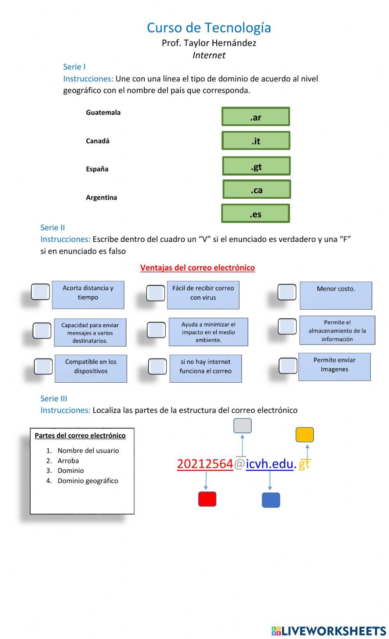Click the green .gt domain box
(256, 166)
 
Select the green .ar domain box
(256, 117)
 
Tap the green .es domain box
(256, 214)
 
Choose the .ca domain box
(257, 189)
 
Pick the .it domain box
(256, 140)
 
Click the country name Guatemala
(103, 112)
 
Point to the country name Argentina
(102, 197)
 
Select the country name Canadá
(98, 141)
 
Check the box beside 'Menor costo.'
(287, 292)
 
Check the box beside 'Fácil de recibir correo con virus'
(156, 293)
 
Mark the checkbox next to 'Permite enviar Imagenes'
(288, 366)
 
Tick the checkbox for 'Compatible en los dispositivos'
(43, 366)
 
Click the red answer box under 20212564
(207, 499)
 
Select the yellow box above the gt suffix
(305, 434)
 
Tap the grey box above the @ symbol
(242, 425)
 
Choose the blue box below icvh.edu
(271, 500)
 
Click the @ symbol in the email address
(239, 464)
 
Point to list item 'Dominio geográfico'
(88, 481)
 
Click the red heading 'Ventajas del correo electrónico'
(198, 268)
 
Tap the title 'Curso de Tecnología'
(209, 28)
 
